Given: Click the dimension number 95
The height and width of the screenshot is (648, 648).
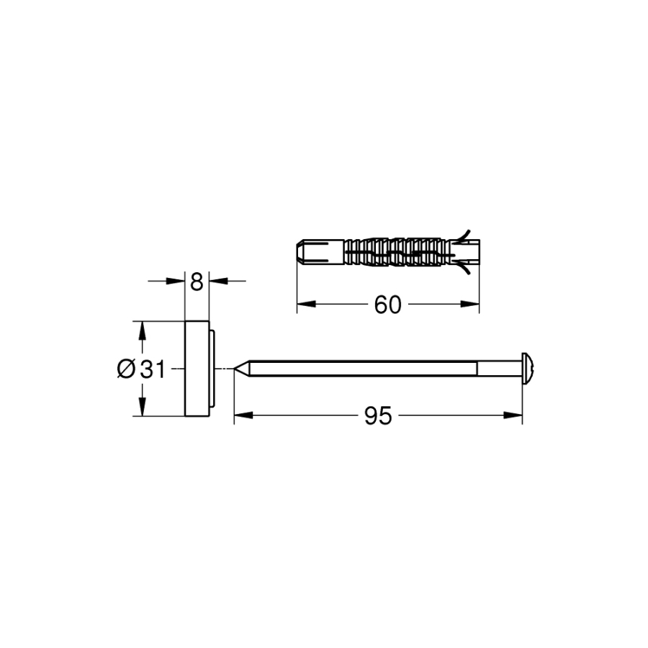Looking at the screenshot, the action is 378,415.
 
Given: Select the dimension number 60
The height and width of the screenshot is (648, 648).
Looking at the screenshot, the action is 387,305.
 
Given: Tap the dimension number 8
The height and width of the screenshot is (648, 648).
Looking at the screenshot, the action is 197,282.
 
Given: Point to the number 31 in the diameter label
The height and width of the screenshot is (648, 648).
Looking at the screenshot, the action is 153,369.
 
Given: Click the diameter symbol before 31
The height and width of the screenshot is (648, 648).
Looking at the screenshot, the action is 125,369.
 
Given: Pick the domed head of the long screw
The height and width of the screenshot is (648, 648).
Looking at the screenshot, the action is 527,368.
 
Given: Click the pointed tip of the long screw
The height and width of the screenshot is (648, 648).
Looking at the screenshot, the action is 234,368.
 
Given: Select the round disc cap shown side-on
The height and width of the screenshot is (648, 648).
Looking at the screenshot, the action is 197,368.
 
